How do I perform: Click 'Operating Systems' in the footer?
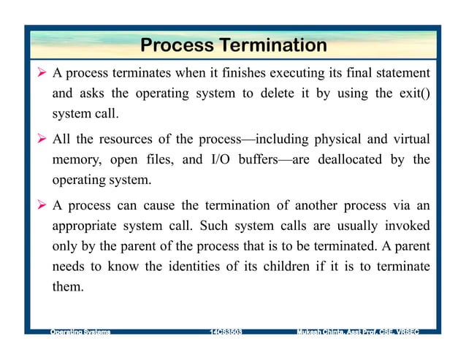click(x=80, y=332)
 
